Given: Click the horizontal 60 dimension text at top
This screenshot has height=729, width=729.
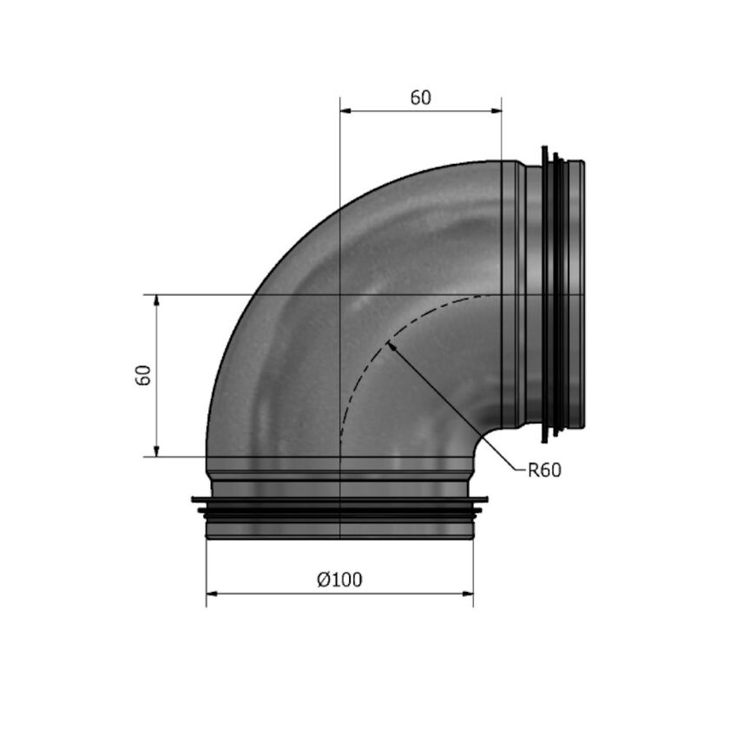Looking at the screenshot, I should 420,97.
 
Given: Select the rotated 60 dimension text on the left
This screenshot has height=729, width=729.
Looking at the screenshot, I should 144,375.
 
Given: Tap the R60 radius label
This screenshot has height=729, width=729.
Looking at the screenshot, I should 545,470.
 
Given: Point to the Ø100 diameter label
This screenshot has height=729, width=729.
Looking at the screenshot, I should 340,580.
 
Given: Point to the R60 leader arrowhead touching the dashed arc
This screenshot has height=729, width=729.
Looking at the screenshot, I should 392,346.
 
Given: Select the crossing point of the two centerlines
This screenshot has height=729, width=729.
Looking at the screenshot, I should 340,295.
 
